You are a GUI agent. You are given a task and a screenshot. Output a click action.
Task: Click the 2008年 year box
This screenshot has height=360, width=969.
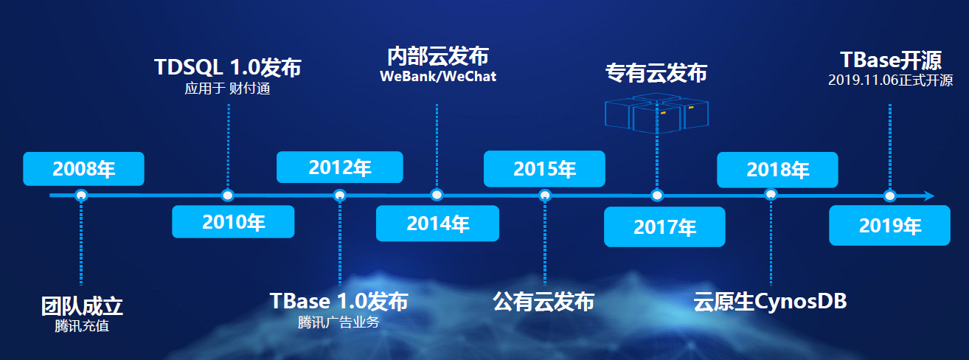[x=83, y=169]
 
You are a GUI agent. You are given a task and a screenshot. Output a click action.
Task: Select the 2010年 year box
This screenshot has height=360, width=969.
[x=233, y=221]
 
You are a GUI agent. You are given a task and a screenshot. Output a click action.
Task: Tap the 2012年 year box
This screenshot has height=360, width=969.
[x=339, y=167]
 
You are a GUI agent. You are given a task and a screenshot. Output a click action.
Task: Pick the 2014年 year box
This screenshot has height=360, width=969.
[x=437, y=224]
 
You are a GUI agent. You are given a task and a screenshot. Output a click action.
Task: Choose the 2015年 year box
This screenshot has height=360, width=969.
[x=544, y=169]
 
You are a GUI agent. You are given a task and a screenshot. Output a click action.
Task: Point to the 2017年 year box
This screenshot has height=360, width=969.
[x=664, y=226]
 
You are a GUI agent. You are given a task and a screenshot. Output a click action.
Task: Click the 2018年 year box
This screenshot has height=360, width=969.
[x=777, y=170]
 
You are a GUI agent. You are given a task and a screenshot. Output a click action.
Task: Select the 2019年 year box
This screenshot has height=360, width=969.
[x=889, y=226]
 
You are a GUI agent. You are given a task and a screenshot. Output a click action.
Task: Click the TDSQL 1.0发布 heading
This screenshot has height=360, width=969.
[x=228, y=68]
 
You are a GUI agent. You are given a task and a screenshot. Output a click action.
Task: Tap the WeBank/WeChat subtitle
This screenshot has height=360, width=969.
[x=438, y=77]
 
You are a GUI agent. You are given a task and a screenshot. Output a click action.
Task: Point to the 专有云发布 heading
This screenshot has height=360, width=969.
[x=656, y=73]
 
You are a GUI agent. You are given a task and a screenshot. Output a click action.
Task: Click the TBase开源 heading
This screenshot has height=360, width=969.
[x=891, y=60]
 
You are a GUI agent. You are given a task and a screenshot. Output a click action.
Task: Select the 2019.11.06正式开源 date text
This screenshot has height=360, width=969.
[x=890, y=80]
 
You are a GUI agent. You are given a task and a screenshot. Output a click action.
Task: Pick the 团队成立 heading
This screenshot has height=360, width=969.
[x=82, y=306]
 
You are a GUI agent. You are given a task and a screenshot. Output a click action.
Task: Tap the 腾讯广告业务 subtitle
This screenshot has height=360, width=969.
[x=338, y=322]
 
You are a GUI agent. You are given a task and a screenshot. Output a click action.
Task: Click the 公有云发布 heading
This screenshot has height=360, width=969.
[x=543, y=302]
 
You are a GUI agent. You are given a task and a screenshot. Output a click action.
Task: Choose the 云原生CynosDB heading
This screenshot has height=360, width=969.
[x=770, y=302]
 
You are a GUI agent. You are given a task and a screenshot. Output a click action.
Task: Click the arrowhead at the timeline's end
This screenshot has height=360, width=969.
[x=928, y=196]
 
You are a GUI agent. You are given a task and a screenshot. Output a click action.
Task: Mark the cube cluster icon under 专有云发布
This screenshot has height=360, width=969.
[x=656, y=114]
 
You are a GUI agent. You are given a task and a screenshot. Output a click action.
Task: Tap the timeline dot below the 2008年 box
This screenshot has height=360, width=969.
[x=81, y=195]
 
